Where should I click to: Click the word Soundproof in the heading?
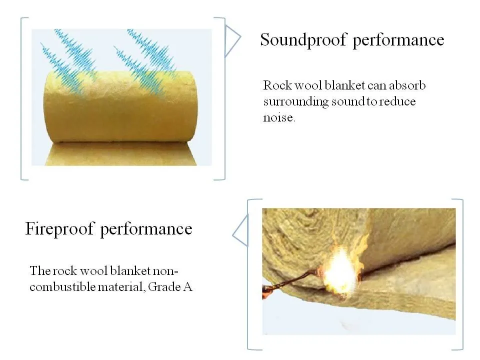[303, 39]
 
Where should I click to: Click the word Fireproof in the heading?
[59, 229]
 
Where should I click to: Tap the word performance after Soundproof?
[398, 40]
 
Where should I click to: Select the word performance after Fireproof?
[146, 229]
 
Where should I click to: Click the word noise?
[279, 118]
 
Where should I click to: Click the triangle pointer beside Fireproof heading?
[240, 230]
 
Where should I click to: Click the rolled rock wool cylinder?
[120, 107]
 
